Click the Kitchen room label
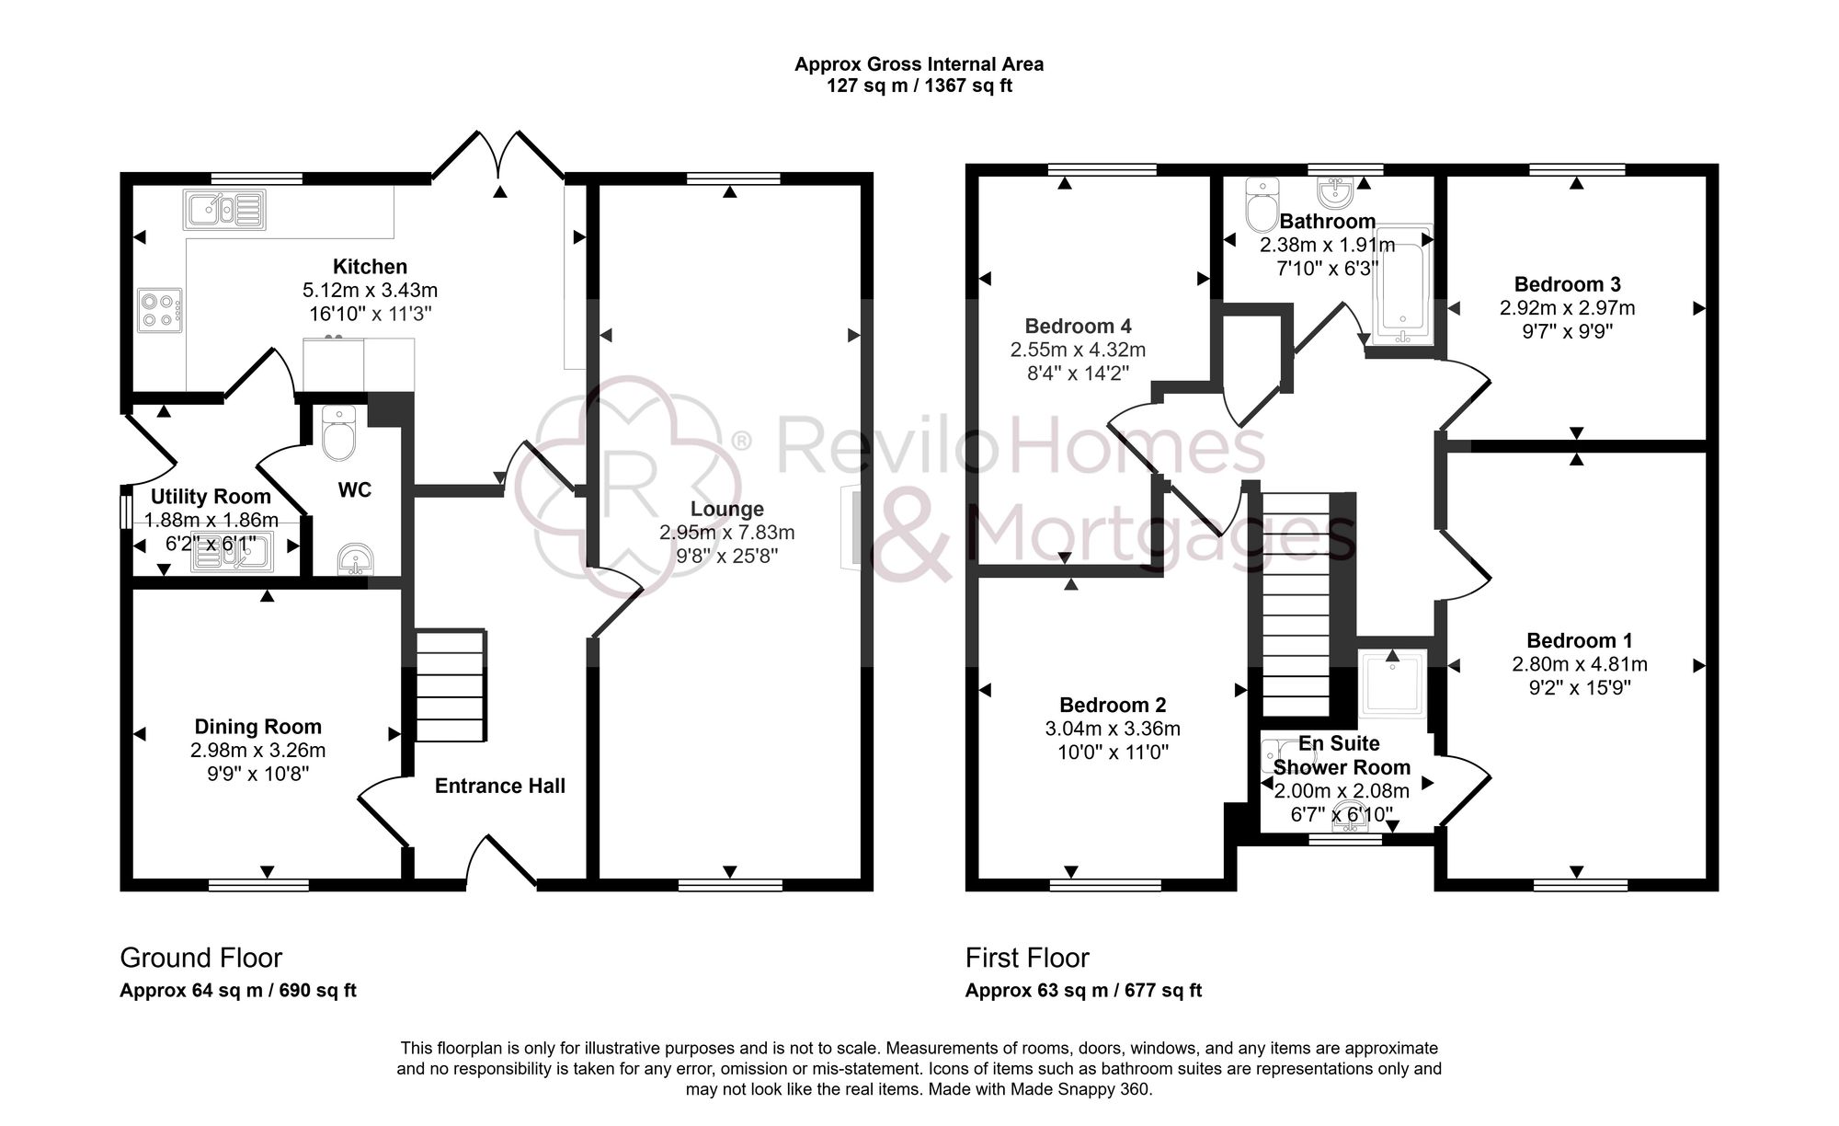(x=370, y=267)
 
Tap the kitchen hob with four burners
(x=160, y=310)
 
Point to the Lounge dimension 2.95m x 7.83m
(x=726, y=533)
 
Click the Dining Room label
(x=258, y=727)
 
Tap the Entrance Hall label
(x=500, y=786)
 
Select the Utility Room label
(x=211, y=497)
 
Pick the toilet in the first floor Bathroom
(x=1261, y=204)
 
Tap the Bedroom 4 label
(x=1078, y=326)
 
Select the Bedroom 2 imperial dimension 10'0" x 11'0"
(x=1113, y=753)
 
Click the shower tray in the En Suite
(x=1393, y=683)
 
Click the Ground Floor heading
(x=200, y=958)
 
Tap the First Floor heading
(x=1027, y=958)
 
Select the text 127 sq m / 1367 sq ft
(x=919, y=86)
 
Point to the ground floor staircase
(x=451, y=685)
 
